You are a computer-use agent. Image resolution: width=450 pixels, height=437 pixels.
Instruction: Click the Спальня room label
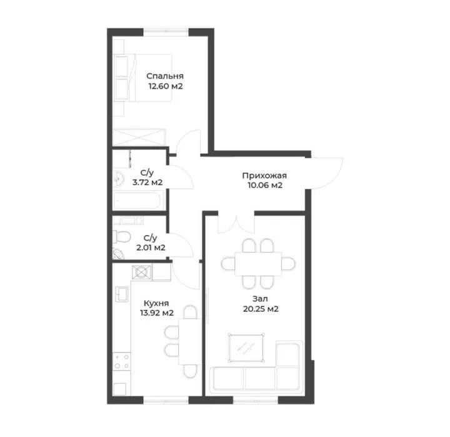coord(165,76)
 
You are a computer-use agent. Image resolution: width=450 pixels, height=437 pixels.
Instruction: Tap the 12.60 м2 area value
coord(165,86)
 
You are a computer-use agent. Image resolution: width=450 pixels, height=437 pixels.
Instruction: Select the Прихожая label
coord(264,176)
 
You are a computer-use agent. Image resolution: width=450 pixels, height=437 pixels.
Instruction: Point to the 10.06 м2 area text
coord(265,185)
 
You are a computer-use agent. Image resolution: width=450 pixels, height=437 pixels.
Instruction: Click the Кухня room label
coord(156,303)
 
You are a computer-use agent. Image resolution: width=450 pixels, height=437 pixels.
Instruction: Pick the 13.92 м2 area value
coord(157,313)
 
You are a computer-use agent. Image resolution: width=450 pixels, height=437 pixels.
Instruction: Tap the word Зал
coord(260,299)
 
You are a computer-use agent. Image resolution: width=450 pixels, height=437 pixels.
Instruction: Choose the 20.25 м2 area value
coord(261,309)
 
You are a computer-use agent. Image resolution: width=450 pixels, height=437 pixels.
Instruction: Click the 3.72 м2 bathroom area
coord(147,182)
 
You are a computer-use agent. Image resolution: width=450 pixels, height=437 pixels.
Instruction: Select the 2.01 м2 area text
coord(151,248)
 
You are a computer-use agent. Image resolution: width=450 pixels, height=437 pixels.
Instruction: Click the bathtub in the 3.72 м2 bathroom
coord(137,201)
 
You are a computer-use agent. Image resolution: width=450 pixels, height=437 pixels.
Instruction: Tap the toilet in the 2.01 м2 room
coord(122,236)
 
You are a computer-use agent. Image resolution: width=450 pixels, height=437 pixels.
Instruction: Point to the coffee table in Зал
coord(246,348)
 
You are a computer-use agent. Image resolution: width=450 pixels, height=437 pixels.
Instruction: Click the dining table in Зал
coord(258,264)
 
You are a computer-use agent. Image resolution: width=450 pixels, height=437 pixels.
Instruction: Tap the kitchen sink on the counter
coord(122,293)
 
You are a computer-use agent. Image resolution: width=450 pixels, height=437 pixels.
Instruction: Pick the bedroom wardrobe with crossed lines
coord(139,138)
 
